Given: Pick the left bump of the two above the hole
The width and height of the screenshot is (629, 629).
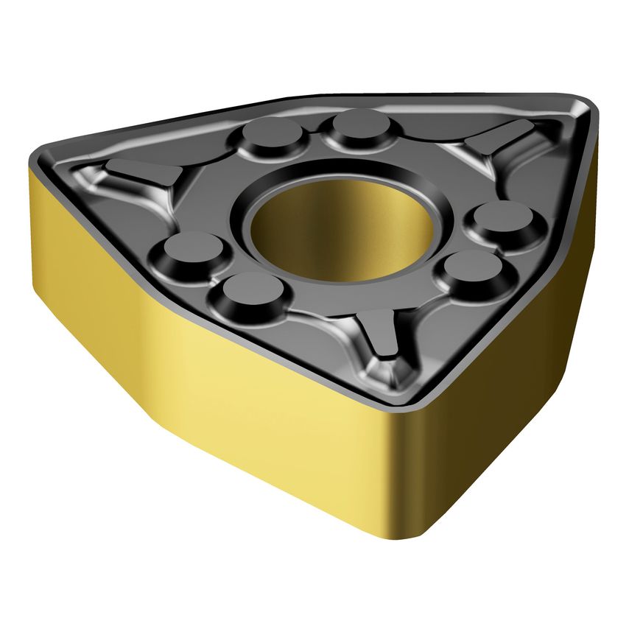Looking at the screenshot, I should tap(272, 135).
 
